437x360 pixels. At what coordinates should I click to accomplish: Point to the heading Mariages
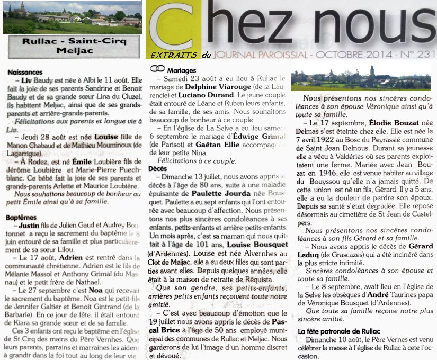click(x=182, y=70)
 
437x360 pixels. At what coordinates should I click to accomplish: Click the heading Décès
click(x=158, y=168)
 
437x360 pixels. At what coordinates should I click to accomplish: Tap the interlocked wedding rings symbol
click(x=157, y=69)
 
